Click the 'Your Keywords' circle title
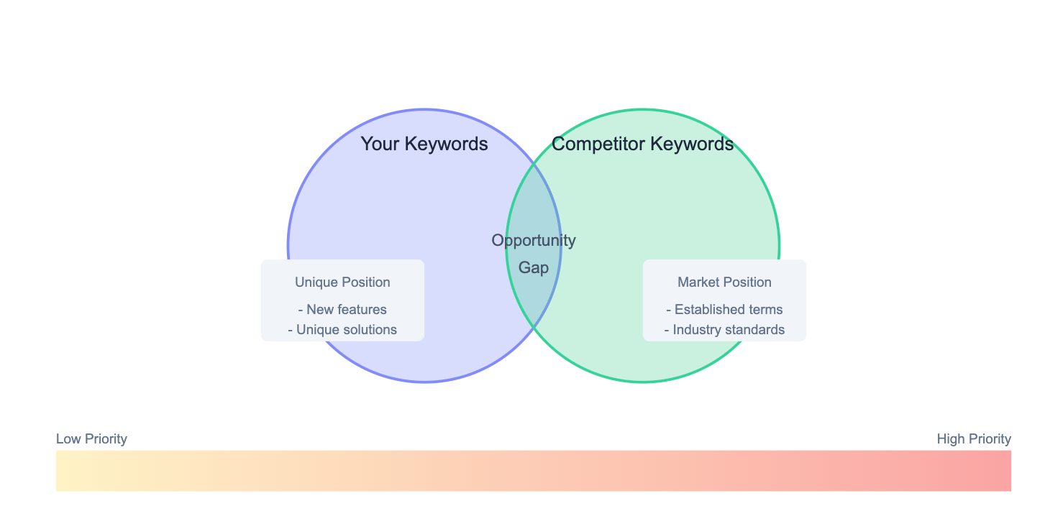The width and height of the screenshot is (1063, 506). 424,144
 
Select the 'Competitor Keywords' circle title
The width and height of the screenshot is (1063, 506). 642,144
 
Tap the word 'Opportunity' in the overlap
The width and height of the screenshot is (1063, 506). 534,241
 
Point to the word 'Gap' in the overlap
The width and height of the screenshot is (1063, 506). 534,268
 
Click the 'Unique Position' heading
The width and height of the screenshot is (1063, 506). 342,282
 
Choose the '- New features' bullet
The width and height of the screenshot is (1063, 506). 342,310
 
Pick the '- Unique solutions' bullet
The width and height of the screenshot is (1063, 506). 342,330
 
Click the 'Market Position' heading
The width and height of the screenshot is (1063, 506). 725,282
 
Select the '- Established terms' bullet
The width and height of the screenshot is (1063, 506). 725,310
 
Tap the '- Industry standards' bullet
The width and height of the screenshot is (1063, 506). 725,330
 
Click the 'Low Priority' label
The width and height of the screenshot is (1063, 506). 91,439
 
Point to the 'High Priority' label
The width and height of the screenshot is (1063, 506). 974,439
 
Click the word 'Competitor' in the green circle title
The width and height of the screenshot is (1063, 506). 598,144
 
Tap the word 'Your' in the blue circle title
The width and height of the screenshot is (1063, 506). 380,144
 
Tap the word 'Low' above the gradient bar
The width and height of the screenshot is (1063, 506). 68,439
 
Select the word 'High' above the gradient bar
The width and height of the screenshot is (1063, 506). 950,439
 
